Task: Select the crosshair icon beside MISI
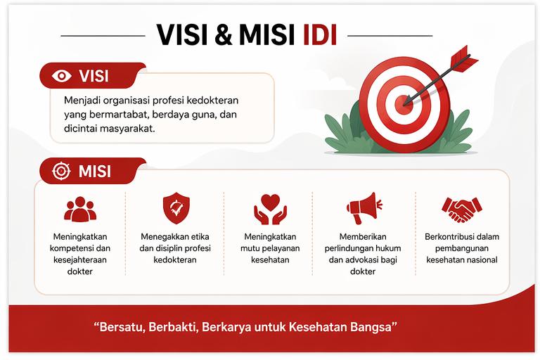click(x=60, y=172)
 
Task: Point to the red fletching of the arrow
click(x=458, y=56)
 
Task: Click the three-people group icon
click(x=79, y=209)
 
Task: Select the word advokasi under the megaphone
click(x=365, y=259)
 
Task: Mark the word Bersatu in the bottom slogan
click(x=118, y=328)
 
